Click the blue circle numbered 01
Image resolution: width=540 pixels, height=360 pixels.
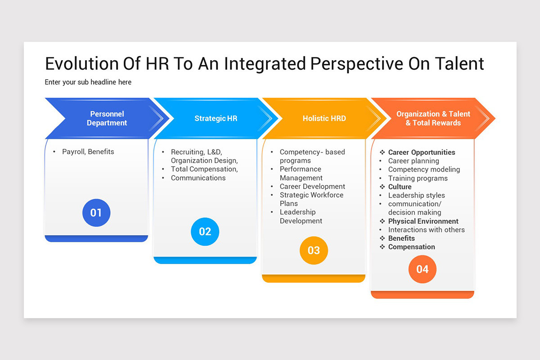point(96,213)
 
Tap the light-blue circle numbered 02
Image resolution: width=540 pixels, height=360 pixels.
point(205,231)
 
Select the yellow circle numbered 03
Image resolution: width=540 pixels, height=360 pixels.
point(314,250)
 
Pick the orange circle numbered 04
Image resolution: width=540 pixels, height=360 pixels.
point(423,269)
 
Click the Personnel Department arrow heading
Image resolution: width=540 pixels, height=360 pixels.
point(107,118)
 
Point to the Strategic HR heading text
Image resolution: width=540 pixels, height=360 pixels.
point(216,118)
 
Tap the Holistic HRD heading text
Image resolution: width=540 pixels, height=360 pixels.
point(324,118)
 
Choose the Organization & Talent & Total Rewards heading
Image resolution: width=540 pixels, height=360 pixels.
point(433,118)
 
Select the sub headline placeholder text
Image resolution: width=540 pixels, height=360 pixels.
point(88,82)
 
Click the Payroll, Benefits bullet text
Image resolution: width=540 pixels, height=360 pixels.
point(88,152)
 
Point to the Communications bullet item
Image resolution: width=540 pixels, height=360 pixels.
point(198,178)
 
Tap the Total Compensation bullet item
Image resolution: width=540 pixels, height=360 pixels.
point(204,169)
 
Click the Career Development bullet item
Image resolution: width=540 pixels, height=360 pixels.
point(312,186)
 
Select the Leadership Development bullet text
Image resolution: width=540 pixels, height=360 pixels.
point(301,216)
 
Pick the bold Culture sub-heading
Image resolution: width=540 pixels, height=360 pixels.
point(400,187)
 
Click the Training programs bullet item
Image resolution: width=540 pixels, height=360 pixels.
point(418,178)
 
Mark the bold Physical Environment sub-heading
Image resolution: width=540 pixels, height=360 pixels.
point(423,221)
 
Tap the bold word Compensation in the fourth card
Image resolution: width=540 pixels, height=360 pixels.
point(411,247)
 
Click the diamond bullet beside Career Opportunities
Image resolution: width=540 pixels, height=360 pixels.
point(382,152)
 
